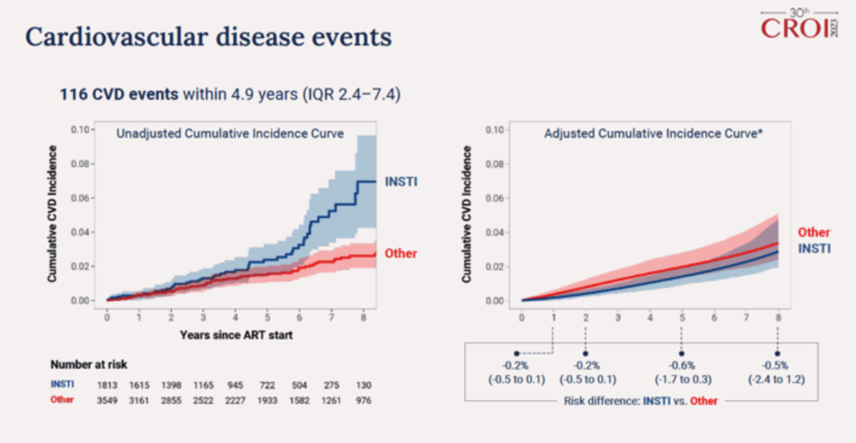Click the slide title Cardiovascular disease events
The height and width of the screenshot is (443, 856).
208,36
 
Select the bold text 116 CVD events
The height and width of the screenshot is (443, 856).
119,95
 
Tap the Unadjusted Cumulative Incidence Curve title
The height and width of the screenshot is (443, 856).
230,134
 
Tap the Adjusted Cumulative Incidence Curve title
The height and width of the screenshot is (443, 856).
653,134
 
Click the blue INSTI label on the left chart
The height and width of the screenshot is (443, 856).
401,182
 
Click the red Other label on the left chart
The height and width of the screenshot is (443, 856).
401,254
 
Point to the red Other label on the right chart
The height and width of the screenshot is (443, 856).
814,232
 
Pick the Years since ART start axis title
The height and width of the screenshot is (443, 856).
235,335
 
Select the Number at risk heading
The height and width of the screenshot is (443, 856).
90,365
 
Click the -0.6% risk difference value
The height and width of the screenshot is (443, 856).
682,365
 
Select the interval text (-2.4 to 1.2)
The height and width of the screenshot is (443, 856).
778,380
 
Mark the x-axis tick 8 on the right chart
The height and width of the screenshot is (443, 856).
778,317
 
